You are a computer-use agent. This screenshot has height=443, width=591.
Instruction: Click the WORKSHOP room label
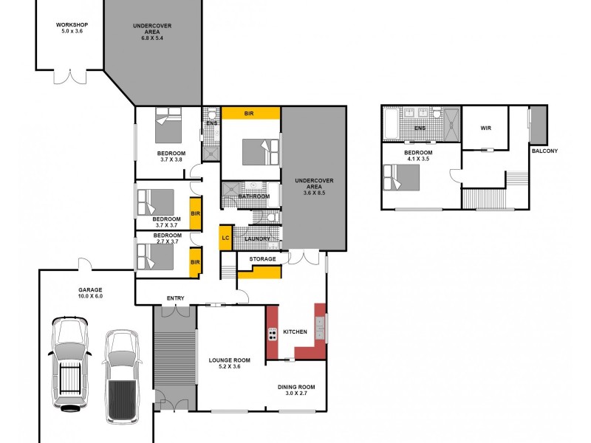tap(72, 24)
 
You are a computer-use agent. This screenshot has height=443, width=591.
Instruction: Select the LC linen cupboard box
tap(225, 238)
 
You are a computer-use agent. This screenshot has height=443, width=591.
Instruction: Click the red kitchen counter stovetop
tap(272, 334)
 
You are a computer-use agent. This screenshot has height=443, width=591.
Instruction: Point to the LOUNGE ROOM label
tap(229, 360)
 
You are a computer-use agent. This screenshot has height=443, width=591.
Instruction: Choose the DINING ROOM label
tap(296, 387)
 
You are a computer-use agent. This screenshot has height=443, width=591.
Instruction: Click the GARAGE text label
tap(91, 290)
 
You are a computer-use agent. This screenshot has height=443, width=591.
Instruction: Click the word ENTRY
tap(176, 298)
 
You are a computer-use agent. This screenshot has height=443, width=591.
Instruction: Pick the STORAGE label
tap(262, 259)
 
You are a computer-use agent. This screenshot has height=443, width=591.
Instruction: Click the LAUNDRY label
tap(257, 238)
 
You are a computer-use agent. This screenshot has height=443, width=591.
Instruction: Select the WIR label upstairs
tap(485, 128)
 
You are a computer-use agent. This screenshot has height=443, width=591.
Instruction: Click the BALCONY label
tap(544, 151)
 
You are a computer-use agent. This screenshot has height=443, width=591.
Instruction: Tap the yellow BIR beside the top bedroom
tap(249, 113)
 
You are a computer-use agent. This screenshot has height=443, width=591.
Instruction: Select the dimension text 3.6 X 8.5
tap(310, 193)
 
